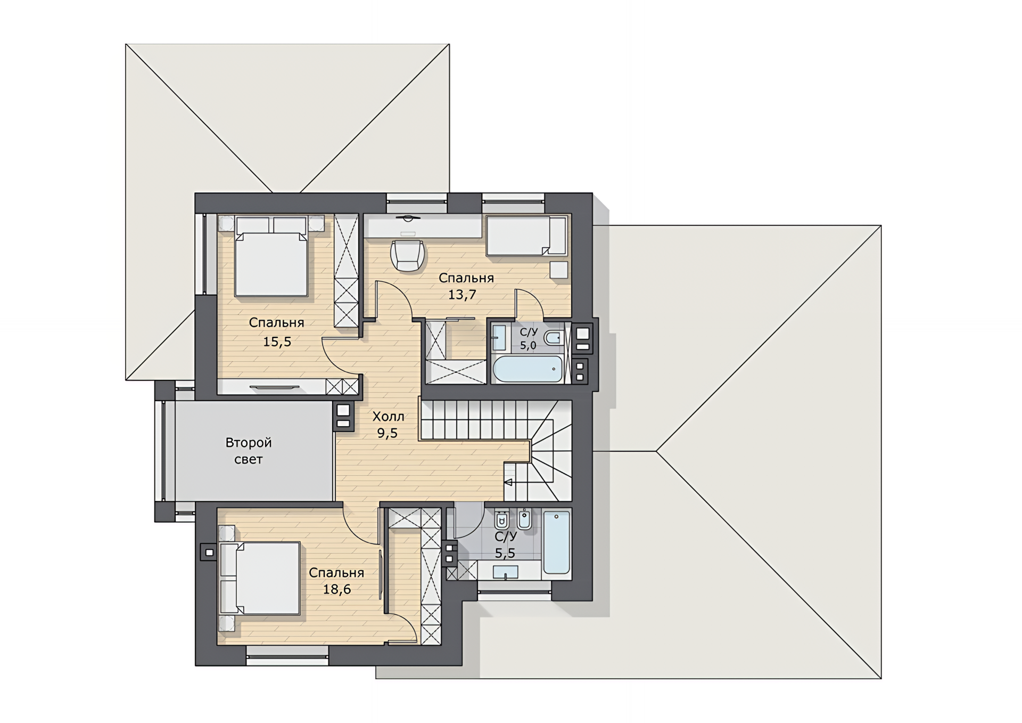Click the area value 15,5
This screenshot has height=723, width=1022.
pos(277,342)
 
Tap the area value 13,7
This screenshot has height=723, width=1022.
pos(462,295)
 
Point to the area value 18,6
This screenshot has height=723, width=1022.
pos(337,589)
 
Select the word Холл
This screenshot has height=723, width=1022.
pos(388,417)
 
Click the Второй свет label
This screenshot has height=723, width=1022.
pos(249,451)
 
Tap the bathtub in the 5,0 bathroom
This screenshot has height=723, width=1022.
pos(528,369)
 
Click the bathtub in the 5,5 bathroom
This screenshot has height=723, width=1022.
pos(556,542)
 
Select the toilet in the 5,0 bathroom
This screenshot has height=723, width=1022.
pos(554,338)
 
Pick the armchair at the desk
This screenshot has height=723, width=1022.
pos(408,255)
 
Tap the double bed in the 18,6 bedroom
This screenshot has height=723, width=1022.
pos(260,578)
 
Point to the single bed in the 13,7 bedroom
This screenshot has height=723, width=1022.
pos(526,235)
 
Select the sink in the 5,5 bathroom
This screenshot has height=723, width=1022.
pos(505,572)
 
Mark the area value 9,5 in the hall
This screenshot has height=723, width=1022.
pos(388,433)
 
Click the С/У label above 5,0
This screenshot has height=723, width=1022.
pos(529,332)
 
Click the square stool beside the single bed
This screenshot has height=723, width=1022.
pos(559,270)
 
